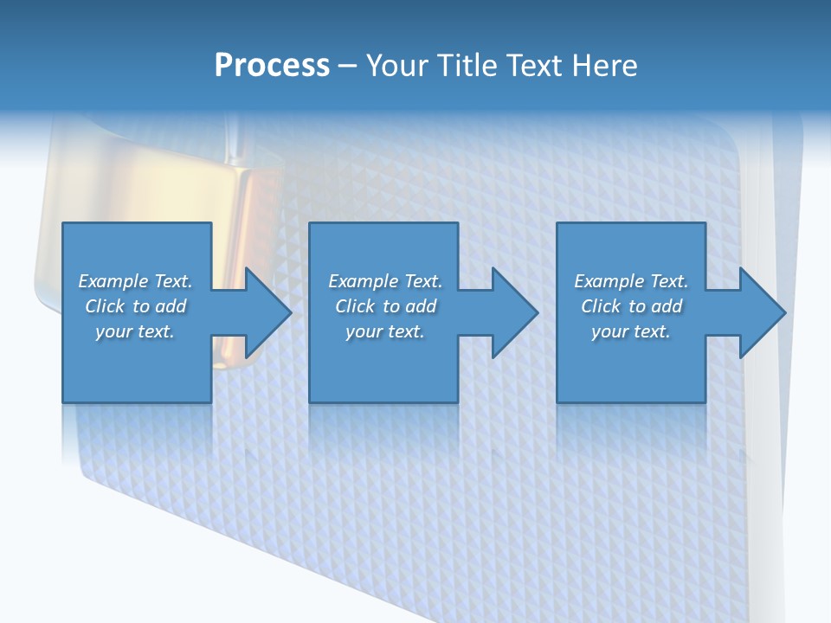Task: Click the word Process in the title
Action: tap(272, 66)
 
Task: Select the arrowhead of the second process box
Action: tap(513, 312)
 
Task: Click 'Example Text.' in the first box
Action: tap(135, 281)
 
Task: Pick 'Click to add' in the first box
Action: tap(135, 306)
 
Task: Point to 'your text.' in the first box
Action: tap(135, 331)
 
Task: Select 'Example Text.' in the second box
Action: tap(385, 281)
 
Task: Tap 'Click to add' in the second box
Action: tap(385, 306)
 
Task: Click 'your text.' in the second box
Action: tap(385, 331)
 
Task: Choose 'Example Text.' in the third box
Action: tap(631, 281)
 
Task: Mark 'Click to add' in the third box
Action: tap(631, 306)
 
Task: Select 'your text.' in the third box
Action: tap(631, 331)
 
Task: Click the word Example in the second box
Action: tap(359, 281)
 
